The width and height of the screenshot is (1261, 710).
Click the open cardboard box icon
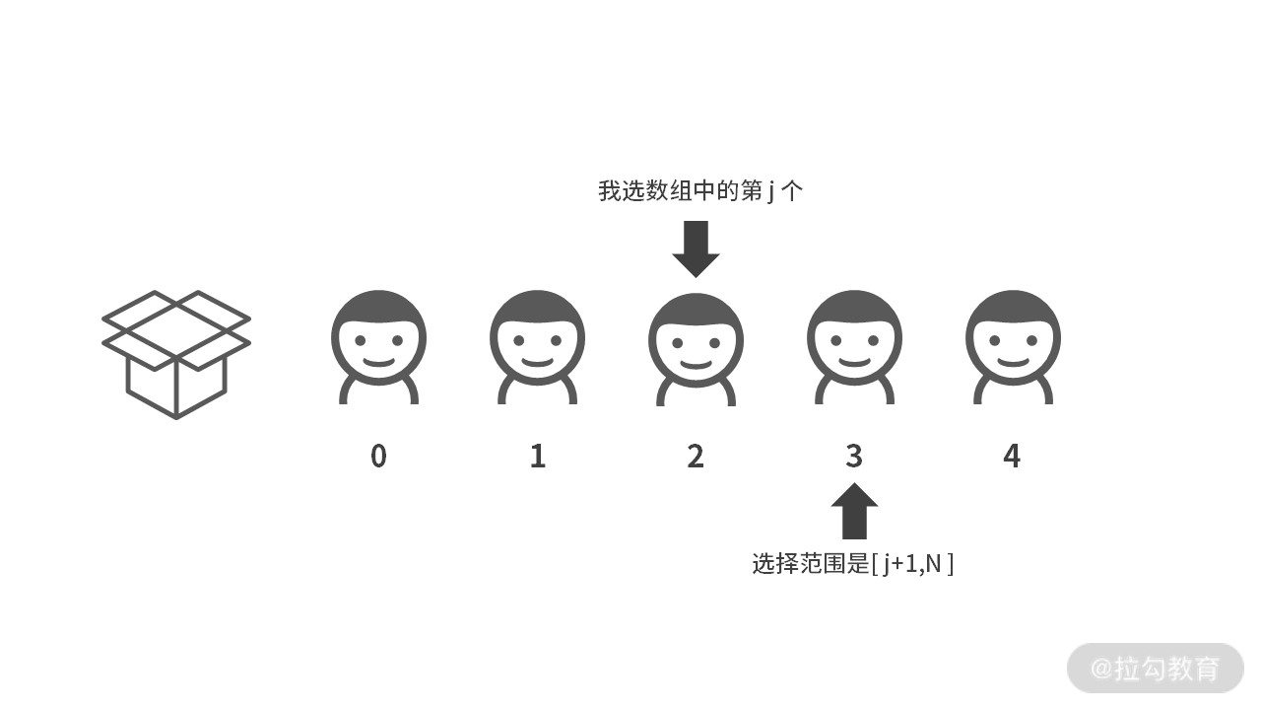[x=176, y=353]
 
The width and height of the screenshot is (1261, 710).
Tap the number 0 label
[x=378, y=457]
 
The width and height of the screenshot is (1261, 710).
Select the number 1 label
[x=537, y=457]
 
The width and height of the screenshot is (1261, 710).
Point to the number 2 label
[x=696, y=457]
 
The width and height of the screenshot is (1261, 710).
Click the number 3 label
[x=854, y=457]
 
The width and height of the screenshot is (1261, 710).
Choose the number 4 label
[x=1012, y=457]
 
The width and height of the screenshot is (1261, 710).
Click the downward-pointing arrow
[x=697, y=248]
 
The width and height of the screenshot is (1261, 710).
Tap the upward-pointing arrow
[x=854, y=511]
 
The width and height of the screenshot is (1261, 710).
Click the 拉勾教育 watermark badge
[x=1155, y=669]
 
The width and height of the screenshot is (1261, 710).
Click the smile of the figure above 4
[x=1013, y=362]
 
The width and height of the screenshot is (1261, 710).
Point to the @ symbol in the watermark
[x=1101, y=669]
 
